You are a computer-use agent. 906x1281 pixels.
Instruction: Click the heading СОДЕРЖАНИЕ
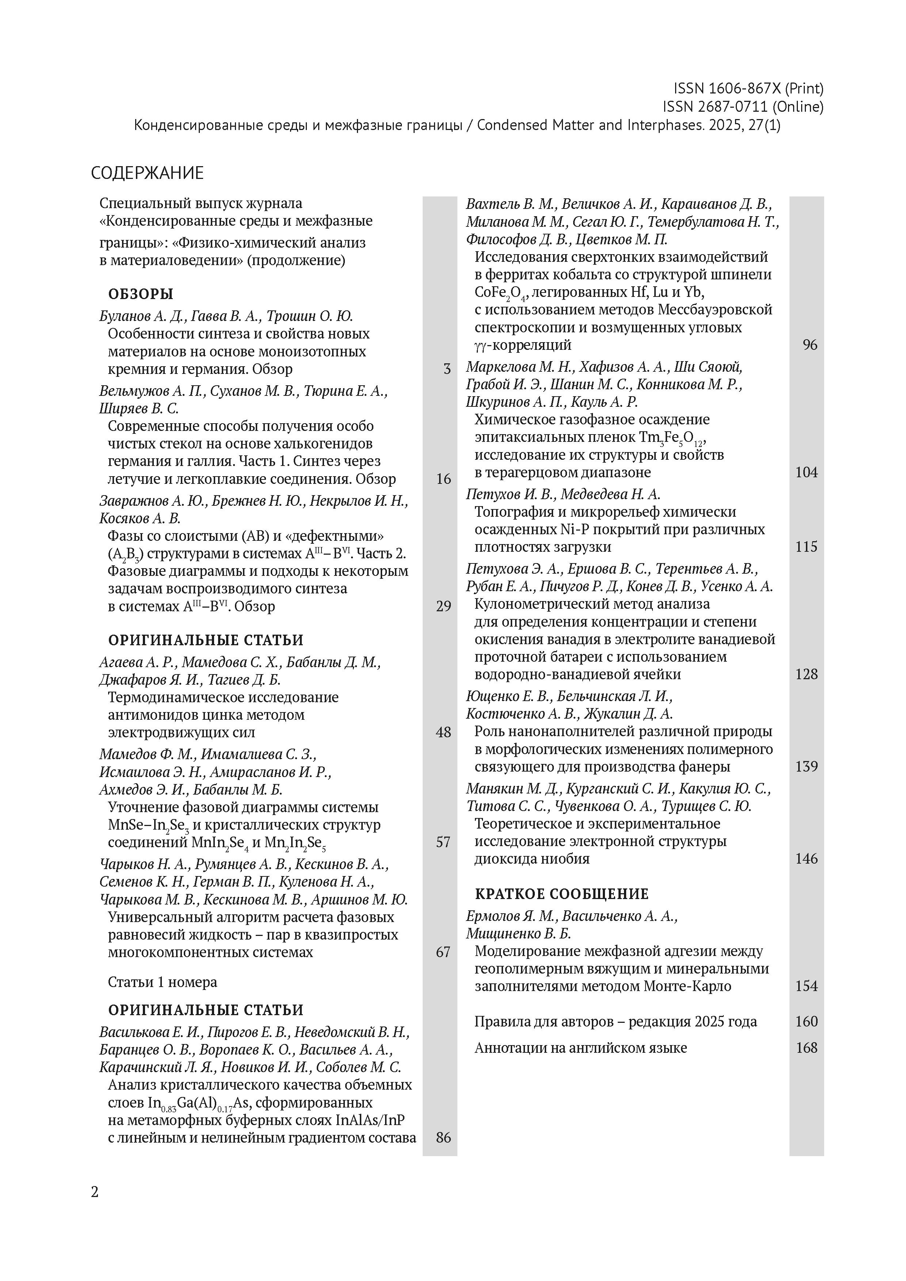pyautogui.click(x=147, y=173)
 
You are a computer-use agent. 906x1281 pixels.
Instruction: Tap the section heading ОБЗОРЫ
pyautogui.click(x=140, y=294)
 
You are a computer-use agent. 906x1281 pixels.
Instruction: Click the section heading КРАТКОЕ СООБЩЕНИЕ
pyautogui.click(x=562, y=894)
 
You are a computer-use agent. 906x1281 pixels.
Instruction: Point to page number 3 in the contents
pyautogui.click(x=446, y=369)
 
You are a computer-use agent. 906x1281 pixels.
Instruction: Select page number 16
pyautogui.click(x=443, y=479)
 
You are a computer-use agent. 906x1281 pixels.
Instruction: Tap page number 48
pyautogui.click(x=443, y=733)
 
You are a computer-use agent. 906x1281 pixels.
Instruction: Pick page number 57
pyautogui.click(x=443, y=842)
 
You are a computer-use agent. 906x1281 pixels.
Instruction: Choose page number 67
pyautogui.click(x=443, y=952)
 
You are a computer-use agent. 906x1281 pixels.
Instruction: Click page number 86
pyautogui.click(x=443, y=1137)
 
